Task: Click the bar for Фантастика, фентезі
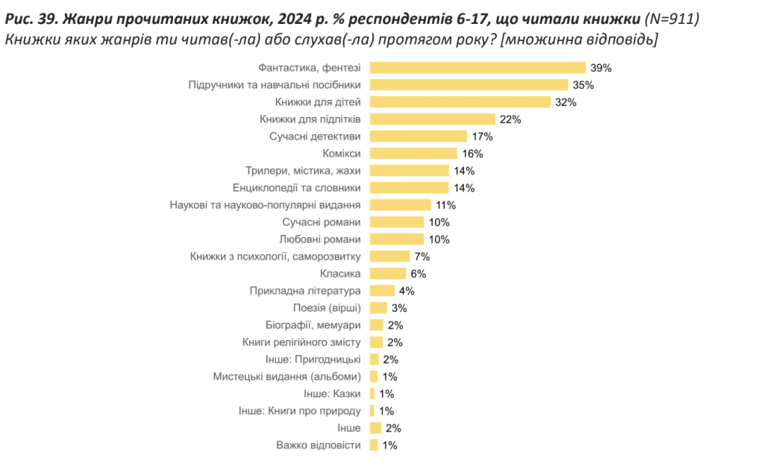point(477,68)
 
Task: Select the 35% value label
point(583,85)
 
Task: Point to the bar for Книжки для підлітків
point(433,119)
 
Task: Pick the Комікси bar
point(413,154)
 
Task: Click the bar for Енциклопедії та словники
point(410,188)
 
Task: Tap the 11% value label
point(446,205)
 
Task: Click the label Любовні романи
point(320,239)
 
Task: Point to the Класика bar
point(388,274)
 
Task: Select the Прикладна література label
point(305,291)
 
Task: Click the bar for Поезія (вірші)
point(379,308)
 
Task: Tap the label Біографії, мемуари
point(313,325)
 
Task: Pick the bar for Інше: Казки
point(372,394)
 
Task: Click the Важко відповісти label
point(318,445)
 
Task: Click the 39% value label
point(601,68)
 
